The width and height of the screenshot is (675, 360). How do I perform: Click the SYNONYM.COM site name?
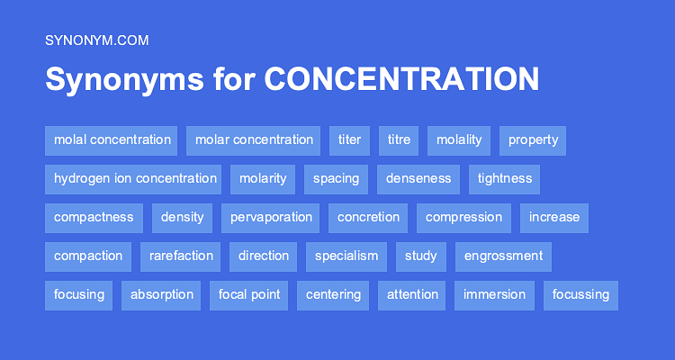click(x=96, y=40)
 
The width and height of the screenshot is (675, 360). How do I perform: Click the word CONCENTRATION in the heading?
click(x=401, y=79)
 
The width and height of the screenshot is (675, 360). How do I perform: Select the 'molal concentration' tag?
click(x=112, y=139)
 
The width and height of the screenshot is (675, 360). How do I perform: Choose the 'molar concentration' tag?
click(x=254, y=139)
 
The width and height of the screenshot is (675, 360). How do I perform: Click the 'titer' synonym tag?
click(x=349, y=139)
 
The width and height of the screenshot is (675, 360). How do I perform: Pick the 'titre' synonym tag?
click(x=399, y=139)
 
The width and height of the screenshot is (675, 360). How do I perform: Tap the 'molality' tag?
click(x=459, y=139)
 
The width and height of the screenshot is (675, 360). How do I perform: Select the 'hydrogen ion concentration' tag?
click(x=135, y=178)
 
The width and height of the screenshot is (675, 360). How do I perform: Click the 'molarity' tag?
click(x=263, y=178)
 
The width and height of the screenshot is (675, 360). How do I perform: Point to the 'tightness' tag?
click(x=505, y=178)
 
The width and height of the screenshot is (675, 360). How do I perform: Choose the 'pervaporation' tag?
click(x=271, y=217)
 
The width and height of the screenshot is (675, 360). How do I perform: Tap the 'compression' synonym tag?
click(x=463, y=217)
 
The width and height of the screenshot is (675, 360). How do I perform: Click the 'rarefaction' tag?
click(x=181, y=256)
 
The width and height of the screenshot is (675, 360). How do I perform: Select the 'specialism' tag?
click(x=346, y=256)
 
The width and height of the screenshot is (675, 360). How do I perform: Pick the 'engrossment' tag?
click(x=503, y=256)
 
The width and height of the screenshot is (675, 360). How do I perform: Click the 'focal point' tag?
click(x=249, y=294)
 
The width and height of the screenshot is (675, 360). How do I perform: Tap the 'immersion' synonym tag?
click(x=495, y=294)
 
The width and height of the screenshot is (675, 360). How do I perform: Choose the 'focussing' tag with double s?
click(x=580, y=294)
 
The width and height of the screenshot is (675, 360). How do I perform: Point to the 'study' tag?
click(x=420, y=256)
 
